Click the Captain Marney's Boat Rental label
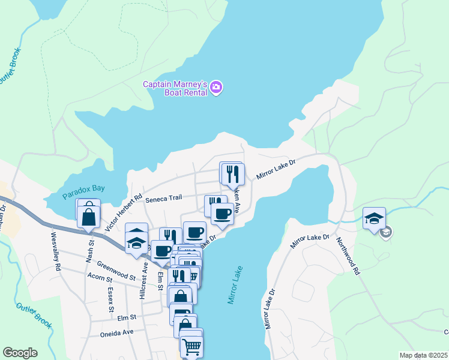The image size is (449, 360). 175,88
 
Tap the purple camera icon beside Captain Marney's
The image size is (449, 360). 217,88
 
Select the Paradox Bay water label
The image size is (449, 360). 83,188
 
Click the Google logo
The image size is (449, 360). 20,353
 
